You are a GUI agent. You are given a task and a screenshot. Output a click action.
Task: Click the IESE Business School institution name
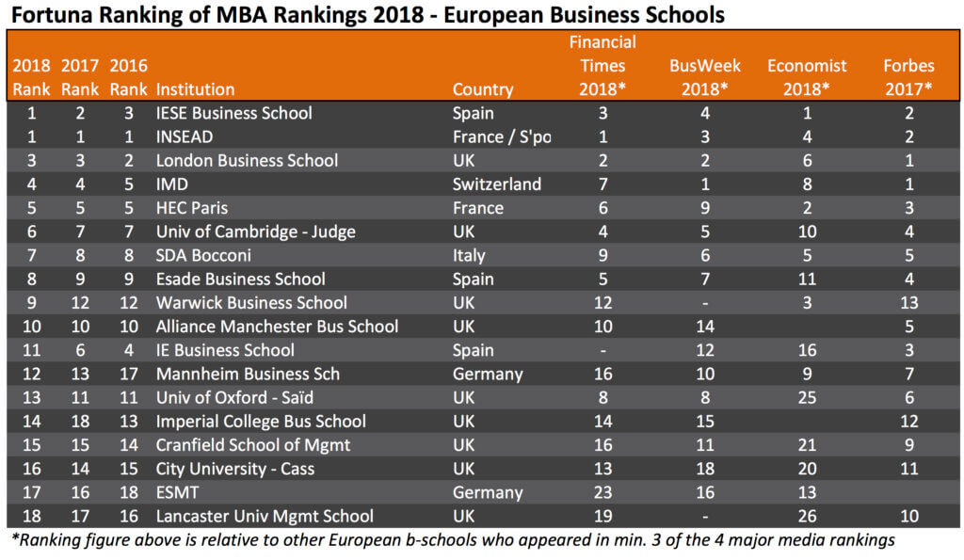233,113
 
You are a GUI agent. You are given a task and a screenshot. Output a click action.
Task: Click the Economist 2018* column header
807,77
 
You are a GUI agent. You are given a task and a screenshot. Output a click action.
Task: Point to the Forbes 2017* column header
908,77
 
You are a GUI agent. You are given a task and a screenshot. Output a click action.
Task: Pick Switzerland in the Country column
497,184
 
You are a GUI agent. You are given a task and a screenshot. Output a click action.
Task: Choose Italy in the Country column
469,255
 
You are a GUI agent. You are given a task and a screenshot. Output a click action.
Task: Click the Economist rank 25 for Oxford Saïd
807,397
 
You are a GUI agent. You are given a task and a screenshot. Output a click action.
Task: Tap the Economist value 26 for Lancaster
807,516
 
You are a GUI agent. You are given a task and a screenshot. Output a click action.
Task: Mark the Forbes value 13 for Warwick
908,302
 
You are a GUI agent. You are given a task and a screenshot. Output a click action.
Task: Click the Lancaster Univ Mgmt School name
265,516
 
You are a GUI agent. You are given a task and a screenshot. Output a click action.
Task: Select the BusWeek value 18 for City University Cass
705,469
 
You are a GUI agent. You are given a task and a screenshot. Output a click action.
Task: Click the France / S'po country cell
502,136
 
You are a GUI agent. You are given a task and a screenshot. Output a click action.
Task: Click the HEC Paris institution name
192,208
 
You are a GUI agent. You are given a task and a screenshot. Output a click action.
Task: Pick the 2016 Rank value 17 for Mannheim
128,374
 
